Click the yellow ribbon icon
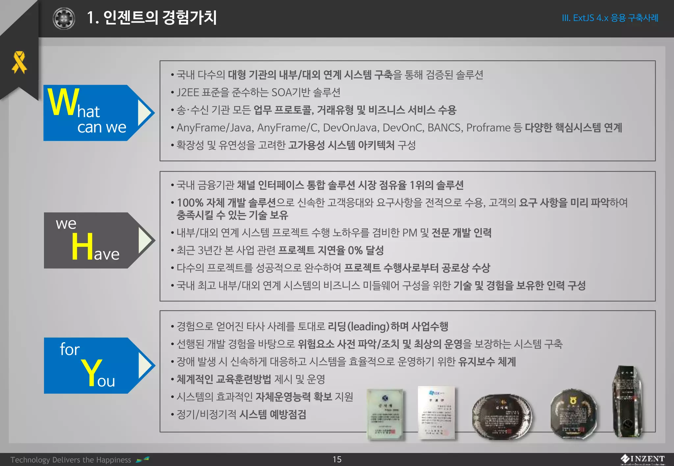(19, 62)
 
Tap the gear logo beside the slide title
(64, 18)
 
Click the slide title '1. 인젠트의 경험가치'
(152, 18)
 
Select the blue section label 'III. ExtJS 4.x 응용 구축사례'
(610, 18)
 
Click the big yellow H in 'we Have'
(82, 246)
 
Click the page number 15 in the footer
(337, 459)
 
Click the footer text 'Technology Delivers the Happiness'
(71, 460)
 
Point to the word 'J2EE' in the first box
(188, 92)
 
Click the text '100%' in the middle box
(190, 203)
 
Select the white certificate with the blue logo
(436, 413)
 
